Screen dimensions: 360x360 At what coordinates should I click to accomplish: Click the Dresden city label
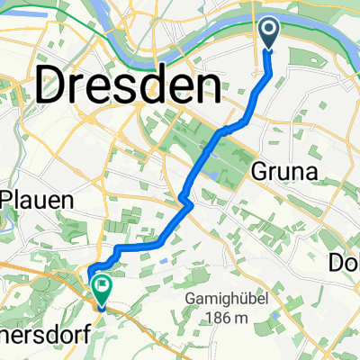[129, 87]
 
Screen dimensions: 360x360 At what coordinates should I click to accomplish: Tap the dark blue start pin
[269, 37]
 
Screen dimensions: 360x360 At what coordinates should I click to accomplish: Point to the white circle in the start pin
[269, 31]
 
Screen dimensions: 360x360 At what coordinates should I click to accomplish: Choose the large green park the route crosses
[202, 144]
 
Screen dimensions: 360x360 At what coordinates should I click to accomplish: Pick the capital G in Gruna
[266, 170]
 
